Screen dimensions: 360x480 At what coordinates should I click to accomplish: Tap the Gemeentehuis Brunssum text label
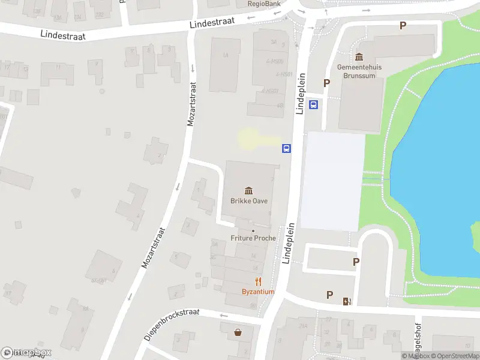pyautogui.click(x=359, y=71)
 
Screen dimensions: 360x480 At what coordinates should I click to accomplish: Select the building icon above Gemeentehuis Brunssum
pyautogui.click(x=359, y=57)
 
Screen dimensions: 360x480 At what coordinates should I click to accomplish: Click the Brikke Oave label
pyautogui.click(x=249, y=201)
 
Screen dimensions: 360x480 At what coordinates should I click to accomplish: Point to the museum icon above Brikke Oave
pyautogui.click(x=249, y=191)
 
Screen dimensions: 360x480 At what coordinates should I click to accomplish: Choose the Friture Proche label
pyautogui.click(x=253, y=238)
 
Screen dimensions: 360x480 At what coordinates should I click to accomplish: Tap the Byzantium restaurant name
pyautogui.click(x=258, y=292)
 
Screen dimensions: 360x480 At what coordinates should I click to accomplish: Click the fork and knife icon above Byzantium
pyautogui.click(x=258, y=281)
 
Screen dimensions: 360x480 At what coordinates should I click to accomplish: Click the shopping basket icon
pyautogui.click(x=239, y=331)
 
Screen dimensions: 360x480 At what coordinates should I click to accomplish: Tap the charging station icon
pyautogui.click(x=346, y=301)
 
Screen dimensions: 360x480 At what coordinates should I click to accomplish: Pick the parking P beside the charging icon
pyautogui.click(x=329, y=295)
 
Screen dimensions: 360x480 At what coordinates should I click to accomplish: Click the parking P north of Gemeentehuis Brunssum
pyautogui.click(x=403, y=26)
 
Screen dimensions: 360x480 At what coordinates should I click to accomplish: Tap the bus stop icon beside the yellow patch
pyautogui.click(x=287, y=148)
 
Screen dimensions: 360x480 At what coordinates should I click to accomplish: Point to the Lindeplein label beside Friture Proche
pyautogui.click(x=290, y=243)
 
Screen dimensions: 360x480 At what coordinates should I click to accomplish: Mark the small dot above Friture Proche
pyautogui.click(x=253, y=230)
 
